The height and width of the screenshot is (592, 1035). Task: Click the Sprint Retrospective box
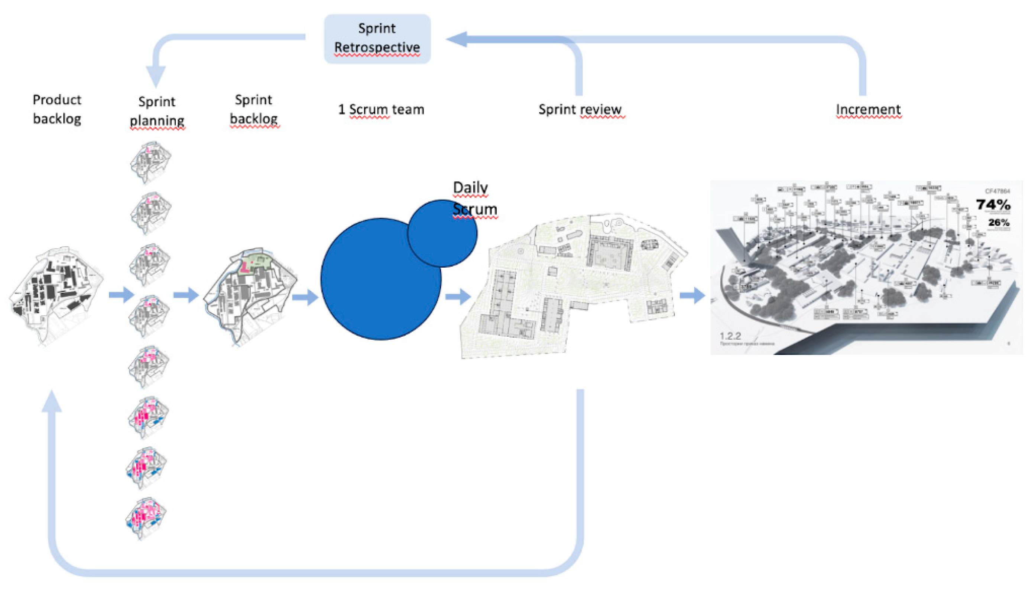click(x=377, y=39)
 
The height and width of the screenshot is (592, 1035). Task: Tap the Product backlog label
click(x=57, y=109)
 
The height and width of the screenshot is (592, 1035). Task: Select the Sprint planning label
click(x=157, y=111)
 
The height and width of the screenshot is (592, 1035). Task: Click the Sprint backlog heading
click(x=254, y=109)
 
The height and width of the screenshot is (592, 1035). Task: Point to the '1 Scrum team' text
click(x=381, y=109)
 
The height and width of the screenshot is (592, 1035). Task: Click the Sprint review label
click(x=580, y=109)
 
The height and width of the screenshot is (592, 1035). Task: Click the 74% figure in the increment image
click(x=993, y=204)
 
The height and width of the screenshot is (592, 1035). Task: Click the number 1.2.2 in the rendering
click(x=730, y=336)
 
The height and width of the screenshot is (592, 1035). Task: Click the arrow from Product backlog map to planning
click(x=121, y=294)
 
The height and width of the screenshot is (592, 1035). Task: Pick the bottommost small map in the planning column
click(x=146, y=518)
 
